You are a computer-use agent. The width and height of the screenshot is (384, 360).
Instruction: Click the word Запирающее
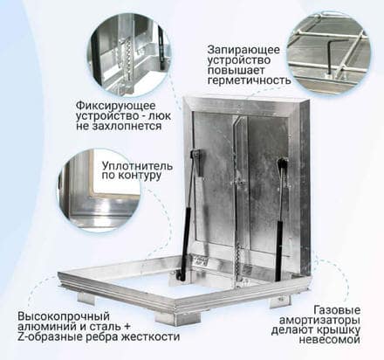[243, 50]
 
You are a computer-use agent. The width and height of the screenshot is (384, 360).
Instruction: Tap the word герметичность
[250, 80]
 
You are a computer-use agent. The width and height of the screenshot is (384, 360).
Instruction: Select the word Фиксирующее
[116, 106]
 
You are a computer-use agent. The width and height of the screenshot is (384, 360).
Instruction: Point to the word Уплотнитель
[137, 166]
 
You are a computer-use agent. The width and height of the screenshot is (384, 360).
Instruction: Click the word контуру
[140, 176]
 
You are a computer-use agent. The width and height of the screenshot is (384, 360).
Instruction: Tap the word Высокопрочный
[64, 316]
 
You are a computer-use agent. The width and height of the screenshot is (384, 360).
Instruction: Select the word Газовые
[337, 310]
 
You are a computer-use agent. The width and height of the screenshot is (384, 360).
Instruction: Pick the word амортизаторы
[319, 321]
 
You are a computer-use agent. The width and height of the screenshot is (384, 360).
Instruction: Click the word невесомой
[330, 340]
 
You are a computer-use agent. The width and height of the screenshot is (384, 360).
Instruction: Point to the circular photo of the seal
[99, 190]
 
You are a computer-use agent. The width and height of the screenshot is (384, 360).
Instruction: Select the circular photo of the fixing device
[129, 54]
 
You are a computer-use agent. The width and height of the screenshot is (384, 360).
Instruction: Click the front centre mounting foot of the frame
[178, 320]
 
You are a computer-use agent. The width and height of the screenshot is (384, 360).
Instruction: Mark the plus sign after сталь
[127, 327]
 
